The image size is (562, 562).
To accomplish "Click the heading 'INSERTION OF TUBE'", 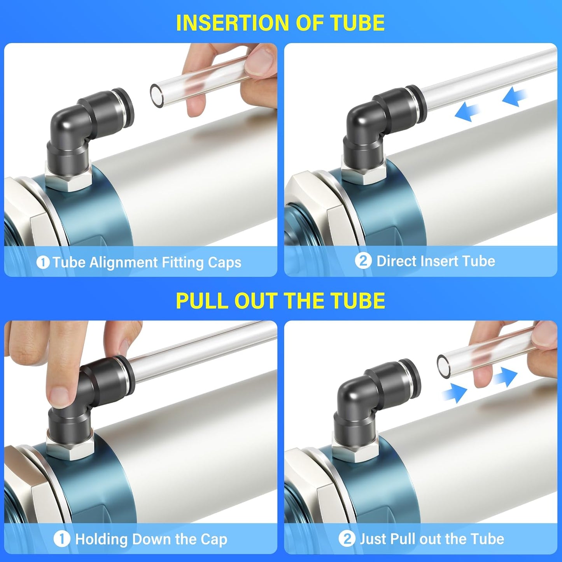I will pos(280,23).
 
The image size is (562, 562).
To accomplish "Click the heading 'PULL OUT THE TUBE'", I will pos(280,301).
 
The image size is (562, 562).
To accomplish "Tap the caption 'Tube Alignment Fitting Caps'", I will pos(147,263).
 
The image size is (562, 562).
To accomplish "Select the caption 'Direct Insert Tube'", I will pos(436,261).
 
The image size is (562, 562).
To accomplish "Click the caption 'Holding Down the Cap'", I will pos(151,539).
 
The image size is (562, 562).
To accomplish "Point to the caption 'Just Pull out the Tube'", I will pos(432,539).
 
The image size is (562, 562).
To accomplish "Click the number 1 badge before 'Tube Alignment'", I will pos(43,263).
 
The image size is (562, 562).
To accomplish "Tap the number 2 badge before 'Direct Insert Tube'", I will pos(363,261).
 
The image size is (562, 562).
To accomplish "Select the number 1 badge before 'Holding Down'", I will pos(61,539).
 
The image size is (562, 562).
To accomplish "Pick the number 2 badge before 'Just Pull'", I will pos(347,539).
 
